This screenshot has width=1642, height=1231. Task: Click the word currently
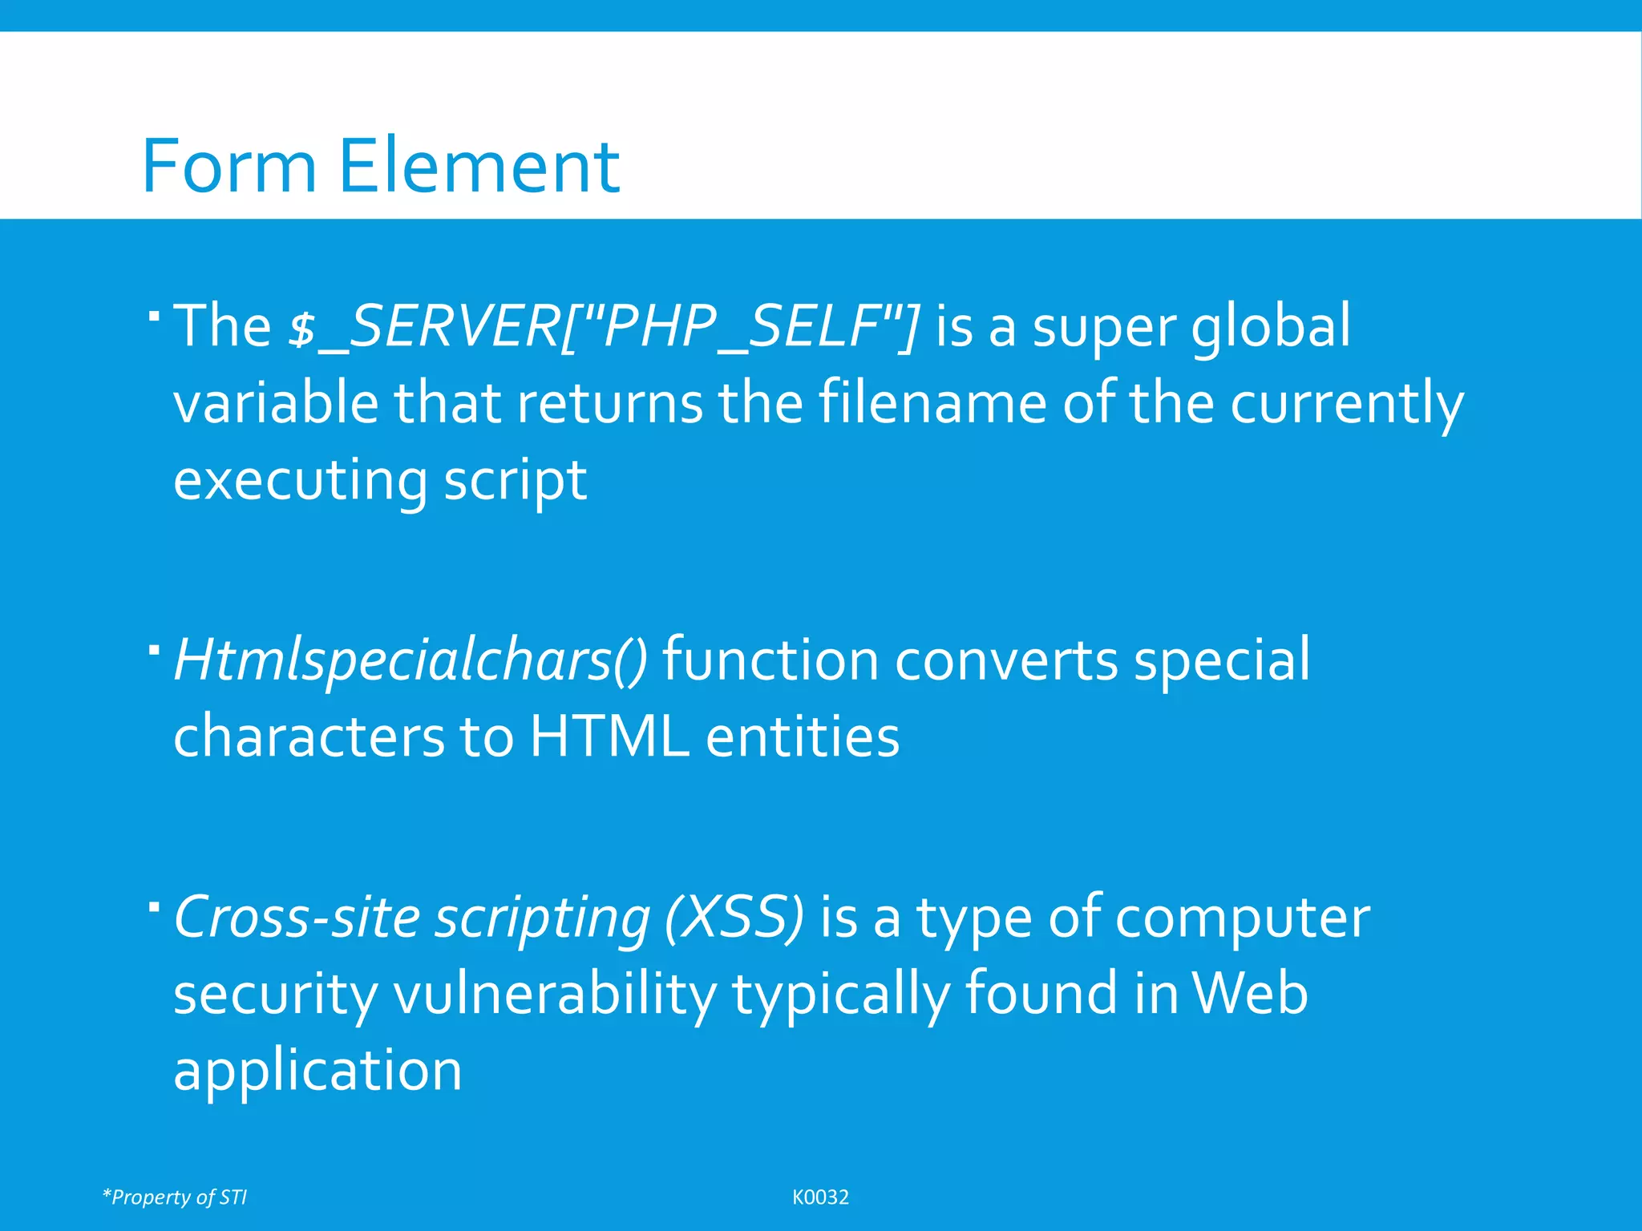(x=1347, y=405)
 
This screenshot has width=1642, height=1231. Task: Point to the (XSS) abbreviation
(x=734, y=918)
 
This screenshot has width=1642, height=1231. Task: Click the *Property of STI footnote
(x=175, y=1197)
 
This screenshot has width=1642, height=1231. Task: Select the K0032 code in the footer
(x=820, y=1197)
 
